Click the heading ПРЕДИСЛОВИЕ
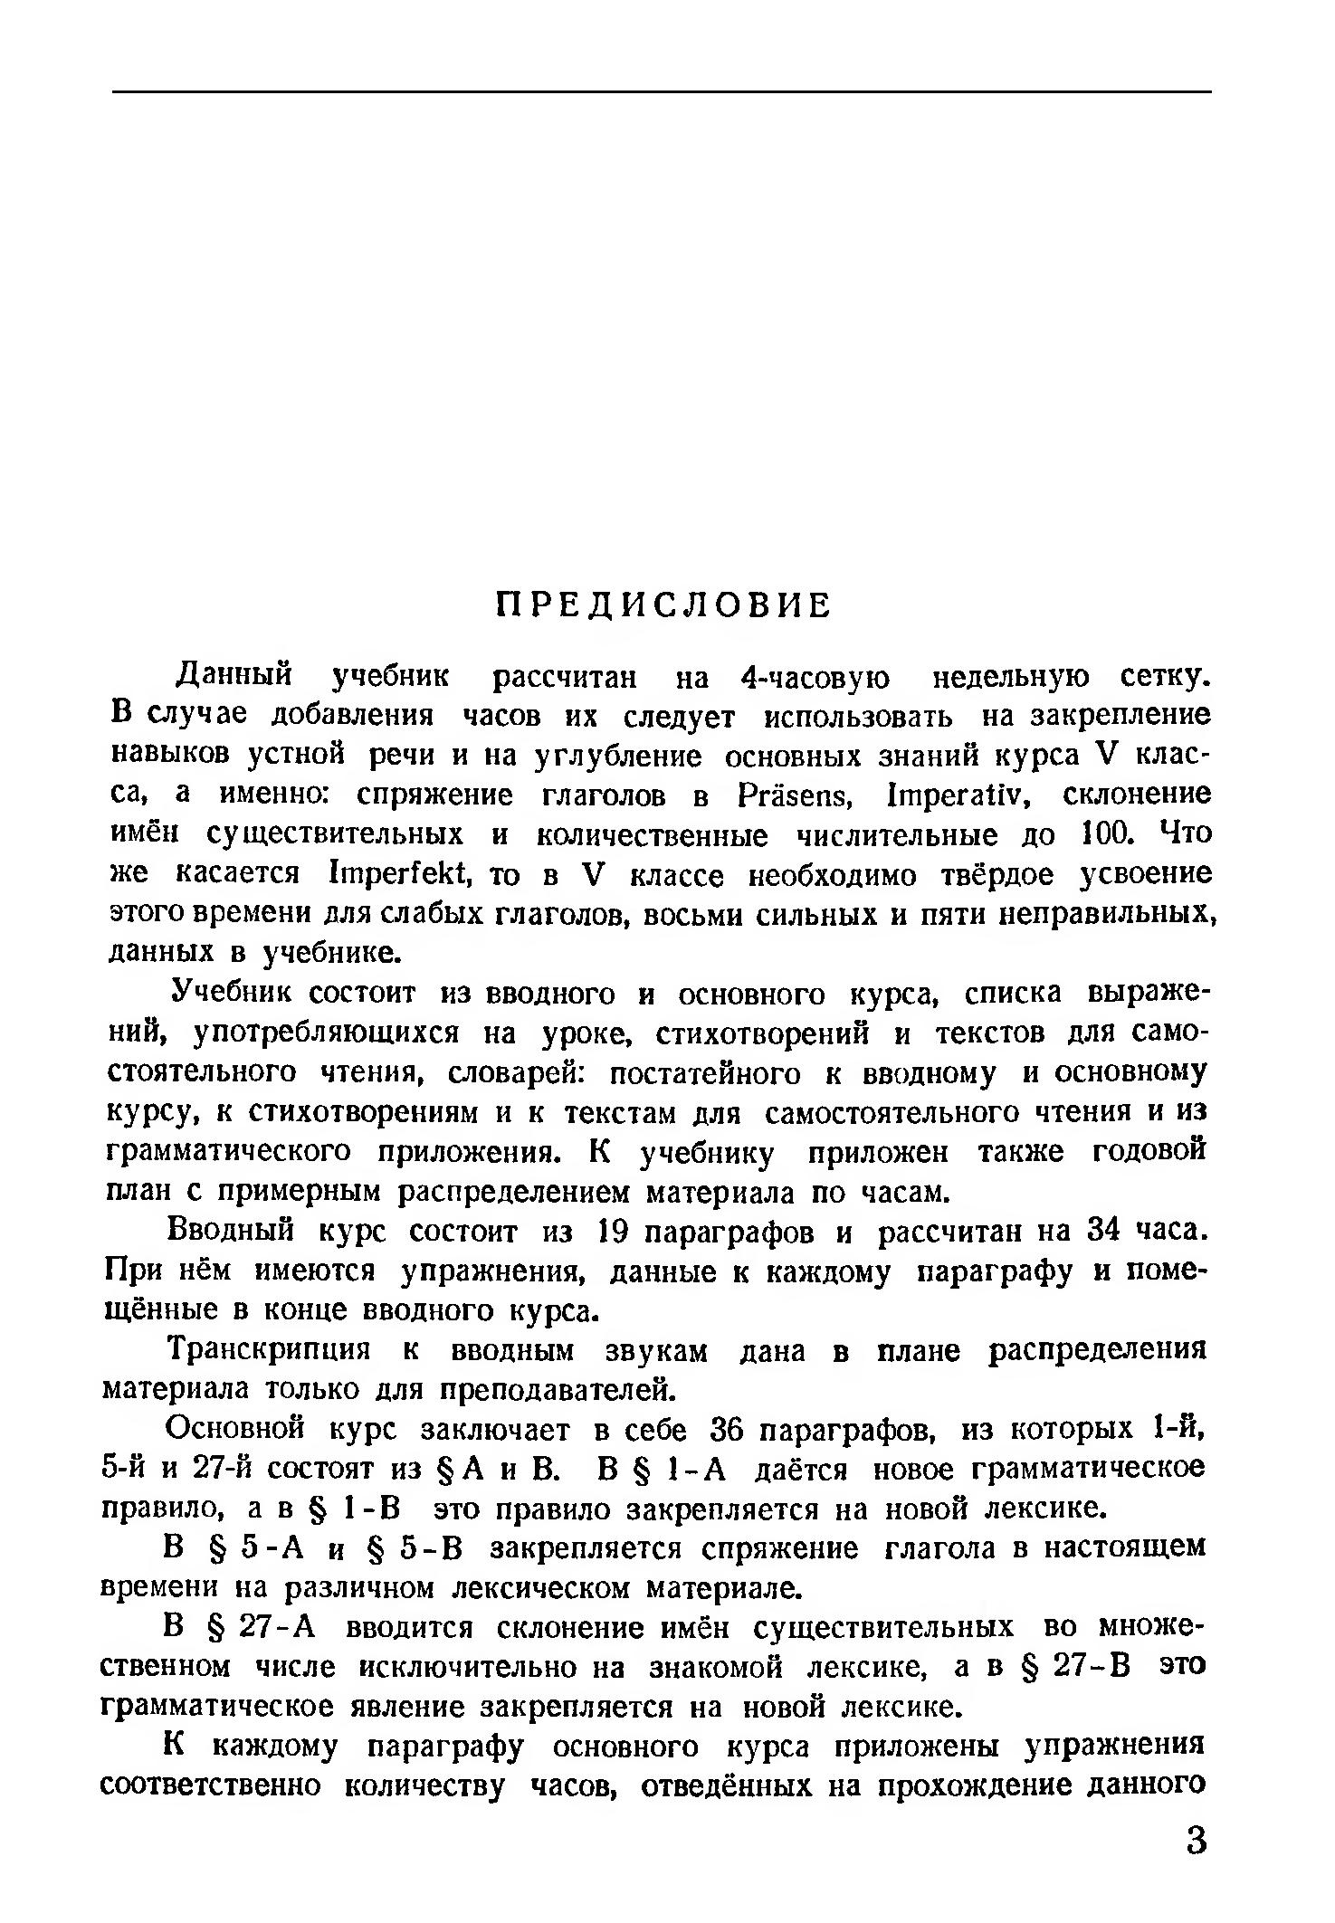pos(664,606)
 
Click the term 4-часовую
pos(814,677)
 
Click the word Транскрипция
pos(270,1350)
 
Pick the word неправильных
pos(1104,914)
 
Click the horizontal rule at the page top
pos(662,91)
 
